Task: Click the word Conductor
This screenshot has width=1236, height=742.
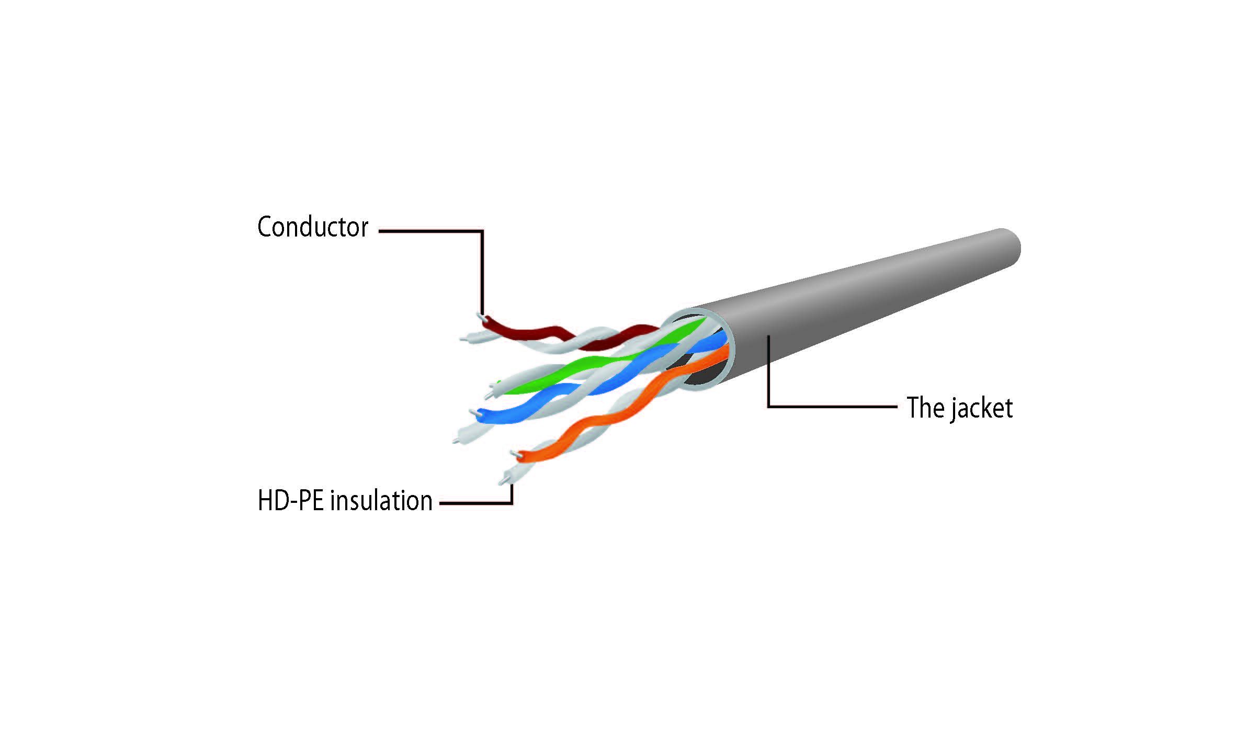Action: pyautogui.click(x=313, y=227)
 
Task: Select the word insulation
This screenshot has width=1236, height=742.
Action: pyautogui.click(x=381, y=501)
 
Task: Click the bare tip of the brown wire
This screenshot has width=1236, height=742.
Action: pyautogui.click(x=480, y=317)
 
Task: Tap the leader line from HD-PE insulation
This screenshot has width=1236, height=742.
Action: pyautogui.click(x=476, y=503)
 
